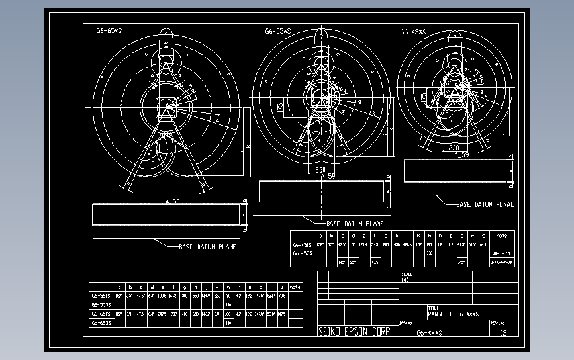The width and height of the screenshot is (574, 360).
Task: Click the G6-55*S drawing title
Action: tap(278, 31)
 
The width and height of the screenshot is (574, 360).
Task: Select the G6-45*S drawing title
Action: tap(412, 31)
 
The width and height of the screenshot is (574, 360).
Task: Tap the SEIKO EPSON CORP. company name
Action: tap(354, 332)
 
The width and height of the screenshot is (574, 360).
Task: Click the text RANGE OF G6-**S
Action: tap(454, 314)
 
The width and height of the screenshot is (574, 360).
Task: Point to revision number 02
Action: tap(503, 333)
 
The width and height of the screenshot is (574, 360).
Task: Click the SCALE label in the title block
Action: tap(407, 274)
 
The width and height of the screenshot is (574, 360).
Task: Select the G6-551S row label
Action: tap(101, 296)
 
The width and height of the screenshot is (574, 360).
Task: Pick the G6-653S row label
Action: tap(101, 323)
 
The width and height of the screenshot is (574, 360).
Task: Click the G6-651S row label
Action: tap(101, 314)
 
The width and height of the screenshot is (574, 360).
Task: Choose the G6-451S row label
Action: tap(302, 244)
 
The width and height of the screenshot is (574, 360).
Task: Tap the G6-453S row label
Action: tap(302, 253)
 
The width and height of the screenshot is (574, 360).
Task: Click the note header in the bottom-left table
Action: tap(295, 287)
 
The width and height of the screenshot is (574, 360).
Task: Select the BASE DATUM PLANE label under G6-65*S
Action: tap(207, 247)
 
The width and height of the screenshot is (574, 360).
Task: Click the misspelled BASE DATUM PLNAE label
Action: tap(485, 205)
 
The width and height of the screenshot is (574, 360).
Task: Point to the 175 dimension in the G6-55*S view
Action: tap(280, 106)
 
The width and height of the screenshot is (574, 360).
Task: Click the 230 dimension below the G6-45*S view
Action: tap(454, 148)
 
